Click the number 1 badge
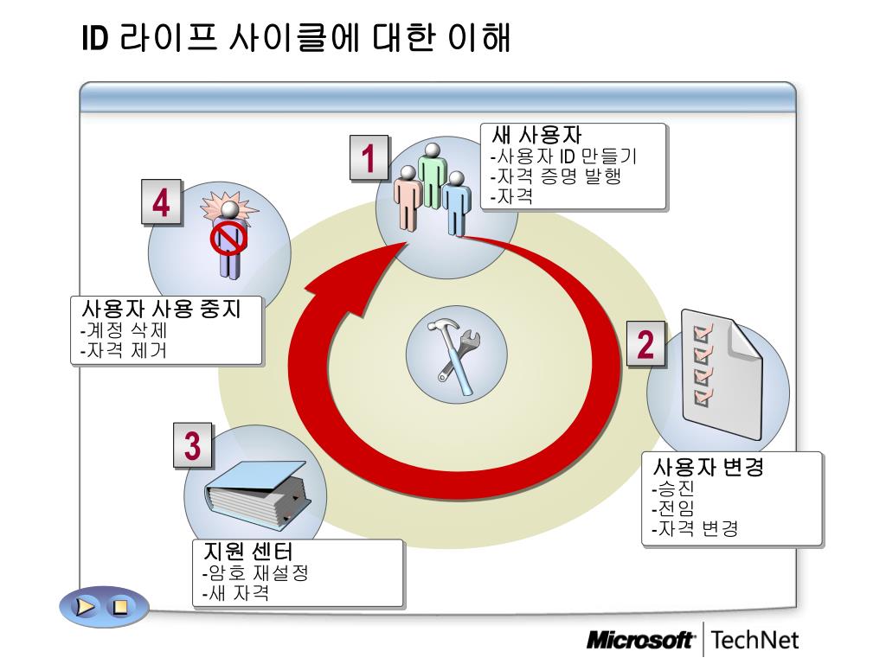click(x=369, y=159)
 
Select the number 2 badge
click(x=646, y=343)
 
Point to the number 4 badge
click(x=162, y=204)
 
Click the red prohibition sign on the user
click(x=228, y=233)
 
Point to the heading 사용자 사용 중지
click(x=160, y=310)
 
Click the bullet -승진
click(x=671, y=490)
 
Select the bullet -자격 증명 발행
click(x=555, y=176)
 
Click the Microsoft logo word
click(x=640, y=641)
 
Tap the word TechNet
click(x=756, y=641)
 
